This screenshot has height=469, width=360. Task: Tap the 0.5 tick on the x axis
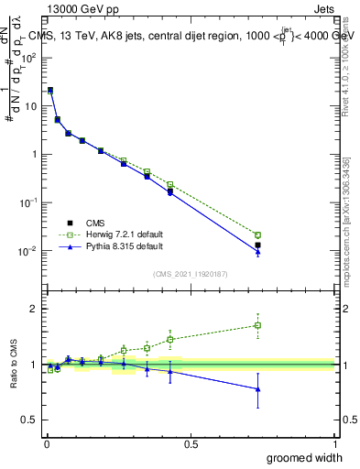click(191, 444)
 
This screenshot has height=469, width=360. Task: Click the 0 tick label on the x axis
click(46, 444)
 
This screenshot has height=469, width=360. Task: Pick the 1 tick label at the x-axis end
click(334, 444)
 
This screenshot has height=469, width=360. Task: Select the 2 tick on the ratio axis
click(35, 309)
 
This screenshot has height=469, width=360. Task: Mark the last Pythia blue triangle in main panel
click(257, 252)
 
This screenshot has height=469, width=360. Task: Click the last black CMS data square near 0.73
click(257, 245)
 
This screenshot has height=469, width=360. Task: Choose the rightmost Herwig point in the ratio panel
click(257, 325)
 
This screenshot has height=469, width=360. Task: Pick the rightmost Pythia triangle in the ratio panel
click(257, 389)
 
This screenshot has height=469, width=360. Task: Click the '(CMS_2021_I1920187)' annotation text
click(191, 272)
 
